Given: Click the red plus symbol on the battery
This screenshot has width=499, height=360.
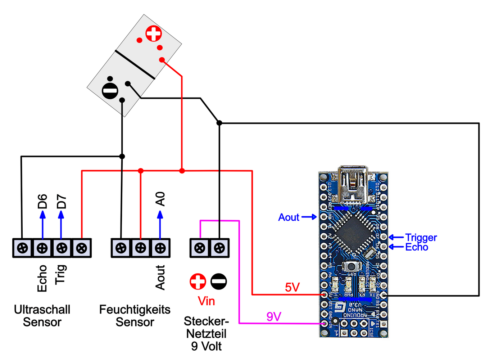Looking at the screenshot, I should pos(154,34).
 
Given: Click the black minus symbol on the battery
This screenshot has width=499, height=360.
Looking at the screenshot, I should pos(110,91).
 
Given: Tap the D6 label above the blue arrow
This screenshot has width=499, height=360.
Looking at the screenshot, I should pos(42,201).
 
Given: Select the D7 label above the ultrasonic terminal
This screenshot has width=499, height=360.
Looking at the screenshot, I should pos(62,201).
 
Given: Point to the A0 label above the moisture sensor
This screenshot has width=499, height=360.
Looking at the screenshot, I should pos(160,199).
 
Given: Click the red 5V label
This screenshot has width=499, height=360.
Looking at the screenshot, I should pos(292,287).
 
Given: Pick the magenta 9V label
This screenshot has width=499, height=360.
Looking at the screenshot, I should pos(274,317).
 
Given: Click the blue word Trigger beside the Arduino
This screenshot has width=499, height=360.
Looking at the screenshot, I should pos(421,238).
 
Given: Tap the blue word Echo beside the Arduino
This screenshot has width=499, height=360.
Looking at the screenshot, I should pos(417,247).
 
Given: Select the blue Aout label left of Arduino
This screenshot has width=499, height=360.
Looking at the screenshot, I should pos(289,217).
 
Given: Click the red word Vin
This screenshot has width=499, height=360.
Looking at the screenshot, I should pos(207,301).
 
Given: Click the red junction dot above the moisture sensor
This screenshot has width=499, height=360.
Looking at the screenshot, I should pos(141,171).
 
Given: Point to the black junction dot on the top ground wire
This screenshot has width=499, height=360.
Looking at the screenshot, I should pos(219,123).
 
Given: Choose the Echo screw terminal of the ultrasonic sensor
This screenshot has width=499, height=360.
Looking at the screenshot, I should pos(42,248).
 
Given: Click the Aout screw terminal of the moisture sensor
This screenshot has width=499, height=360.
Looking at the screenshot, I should pos(160,248).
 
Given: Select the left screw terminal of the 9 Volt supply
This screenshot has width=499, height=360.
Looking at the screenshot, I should pos(200,248).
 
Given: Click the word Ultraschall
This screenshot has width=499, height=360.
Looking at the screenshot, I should pos(42,310).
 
